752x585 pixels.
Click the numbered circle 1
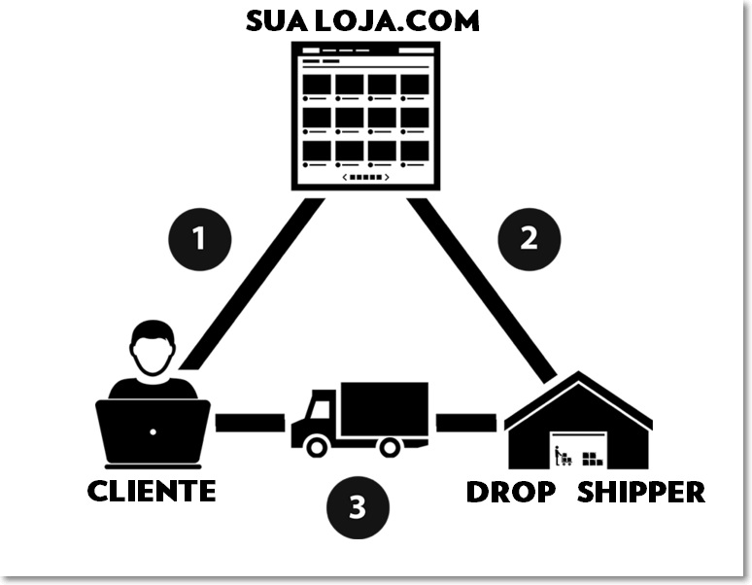[x=199, y=238]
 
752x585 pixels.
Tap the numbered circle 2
[x=529, y=238]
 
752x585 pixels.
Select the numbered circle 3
[x=358, y=507]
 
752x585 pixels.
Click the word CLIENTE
[x=152, y=491]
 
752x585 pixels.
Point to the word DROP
[x=510, y=492]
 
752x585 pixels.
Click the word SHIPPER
[x=641, y=492]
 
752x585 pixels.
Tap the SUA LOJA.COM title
[x=362, y=20]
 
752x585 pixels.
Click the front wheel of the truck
[x=316, y=447]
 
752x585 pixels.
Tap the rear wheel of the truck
[x=390, y=447]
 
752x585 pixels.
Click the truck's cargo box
[x=384, y=408]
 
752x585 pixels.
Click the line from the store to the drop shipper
[x=480, y=288]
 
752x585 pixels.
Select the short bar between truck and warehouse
[x=465, y=423]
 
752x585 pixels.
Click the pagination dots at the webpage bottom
[x=366, y=177]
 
